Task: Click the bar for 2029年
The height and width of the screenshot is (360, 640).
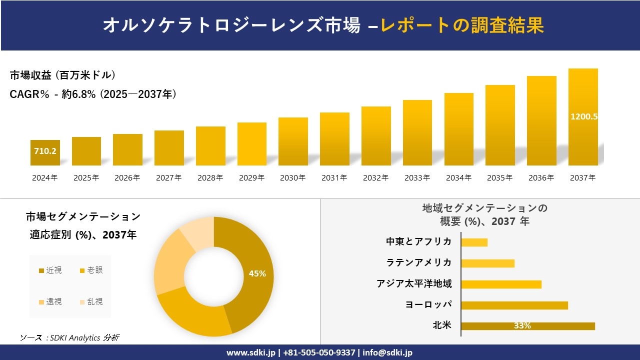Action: point(251,144)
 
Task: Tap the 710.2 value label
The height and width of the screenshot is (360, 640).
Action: point(45,151)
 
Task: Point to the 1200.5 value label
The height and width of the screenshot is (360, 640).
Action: point(584,116)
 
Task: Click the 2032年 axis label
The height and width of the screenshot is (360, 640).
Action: point(375,178)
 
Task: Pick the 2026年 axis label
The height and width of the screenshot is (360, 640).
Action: point(127,178)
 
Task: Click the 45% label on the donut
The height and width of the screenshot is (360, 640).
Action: point(257,274)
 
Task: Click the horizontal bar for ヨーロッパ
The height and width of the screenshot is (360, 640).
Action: point(514,305)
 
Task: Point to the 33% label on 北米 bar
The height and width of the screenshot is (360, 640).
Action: point(522,326)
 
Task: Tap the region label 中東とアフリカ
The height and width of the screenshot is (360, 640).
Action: point(418,242)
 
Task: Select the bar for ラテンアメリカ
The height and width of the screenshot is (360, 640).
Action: point(487,263)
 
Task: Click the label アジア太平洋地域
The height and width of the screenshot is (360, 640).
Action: point(414,284)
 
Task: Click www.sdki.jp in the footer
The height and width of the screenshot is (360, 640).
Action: point(250,352)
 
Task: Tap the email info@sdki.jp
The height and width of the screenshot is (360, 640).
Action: point(387,352)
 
